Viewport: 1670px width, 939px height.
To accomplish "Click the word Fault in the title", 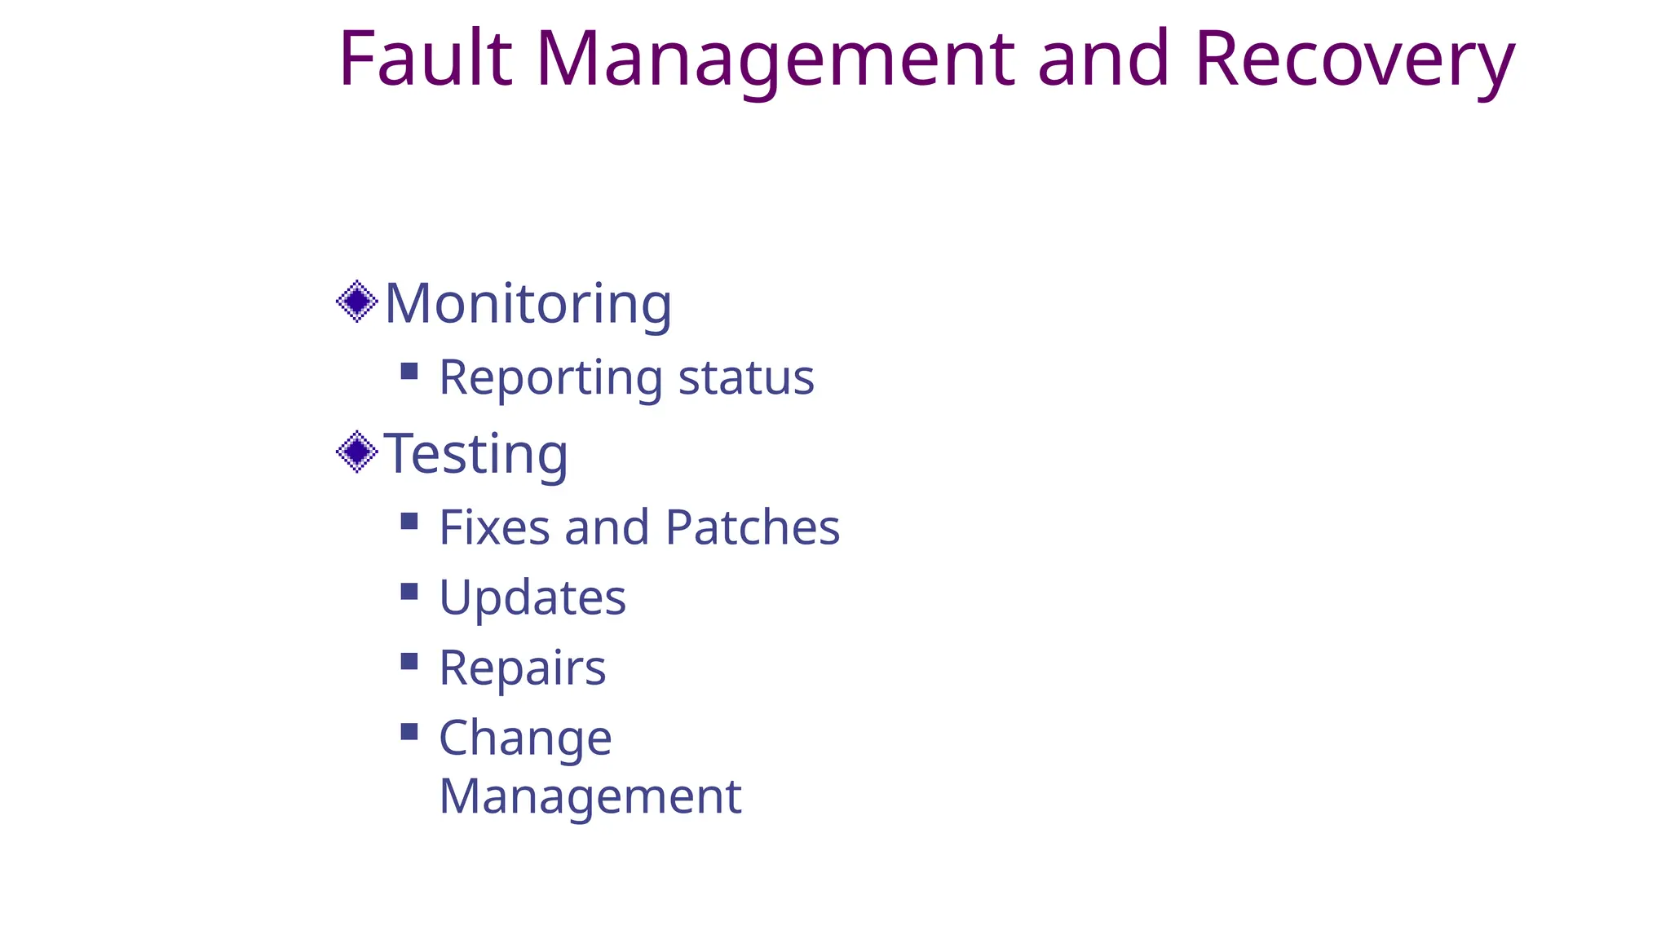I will pos(425,59).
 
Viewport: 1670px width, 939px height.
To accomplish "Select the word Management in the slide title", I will pos(775,59).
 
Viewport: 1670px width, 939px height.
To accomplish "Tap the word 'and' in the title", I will pos(1103,59).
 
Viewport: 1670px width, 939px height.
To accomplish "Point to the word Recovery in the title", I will pos(1354,59).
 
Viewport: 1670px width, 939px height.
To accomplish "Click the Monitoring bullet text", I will pos(528,303).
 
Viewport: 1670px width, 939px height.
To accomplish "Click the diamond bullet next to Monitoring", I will pos(357,302).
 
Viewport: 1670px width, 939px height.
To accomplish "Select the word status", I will pos(746,377).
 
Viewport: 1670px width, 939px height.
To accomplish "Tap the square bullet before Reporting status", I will pos(409,372).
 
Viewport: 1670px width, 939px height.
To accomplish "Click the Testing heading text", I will pos(476,453).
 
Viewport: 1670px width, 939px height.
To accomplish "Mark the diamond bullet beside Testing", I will pos(357,452).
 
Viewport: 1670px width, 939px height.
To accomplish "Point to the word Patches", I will pos(752,527).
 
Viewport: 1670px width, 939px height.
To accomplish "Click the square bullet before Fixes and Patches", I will pos(409,521).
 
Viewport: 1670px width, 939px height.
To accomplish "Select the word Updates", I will pos(532,597).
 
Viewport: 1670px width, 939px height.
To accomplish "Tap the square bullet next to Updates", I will pos(409,591).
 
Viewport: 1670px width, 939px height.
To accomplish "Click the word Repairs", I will pos(523,668).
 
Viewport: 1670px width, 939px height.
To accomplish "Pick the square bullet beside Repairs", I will pos(409,661).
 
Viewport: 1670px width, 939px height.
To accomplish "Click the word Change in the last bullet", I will pos(525,738).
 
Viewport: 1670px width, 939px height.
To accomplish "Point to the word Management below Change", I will pos(590,796).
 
